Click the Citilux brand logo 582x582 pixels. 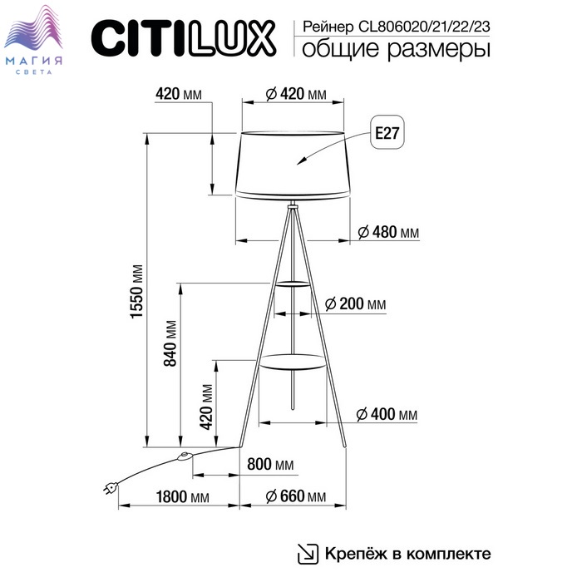[x=184, y=38]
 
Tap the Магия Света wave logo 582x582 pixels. [x=33, y=39]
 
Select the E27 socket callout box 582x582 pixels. [x=387, y=132]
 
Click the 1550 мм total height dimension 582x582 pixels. [x=136, y=291]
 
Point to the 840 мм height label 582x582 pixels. [x=170, y=343]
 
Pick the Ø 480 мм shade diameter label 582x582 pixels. [x=388, y=232]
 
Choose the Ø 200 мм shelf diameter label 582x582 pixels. [x=355, y=304]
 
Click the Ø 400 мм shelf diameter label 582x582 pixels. [x=387, y=414]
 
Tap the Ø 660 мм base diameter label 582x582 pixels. [x=296, y=496]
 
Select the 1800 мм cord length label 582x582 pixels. [x=182, y=496]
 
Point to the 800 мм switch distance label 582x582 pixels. [x=270, y=464]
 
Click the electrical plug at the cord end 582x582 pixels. [x=111, y=488]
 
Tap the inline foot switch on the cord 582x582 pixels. [x=185, y=456]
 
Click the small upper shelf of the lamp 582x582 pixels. [x=293, y=284]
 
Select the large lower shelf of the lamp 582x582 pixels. [x=293, y=362]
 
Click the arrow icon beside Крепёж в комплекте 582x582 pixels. [x=308, y=555]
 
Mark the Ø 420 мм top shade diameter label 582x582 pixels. [x=296, y=94]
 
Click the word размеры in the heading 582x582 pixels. [x=439, y=50]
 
